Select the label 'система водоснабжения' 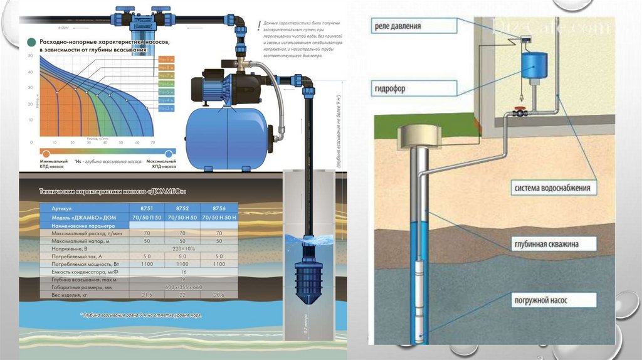552,188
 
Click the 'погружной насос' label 541,301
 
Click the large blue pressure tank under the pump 227,137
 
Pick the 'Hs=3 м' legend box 166,108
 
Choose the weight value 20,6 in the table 219,295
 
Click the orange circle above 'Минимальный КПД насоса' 45,152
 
